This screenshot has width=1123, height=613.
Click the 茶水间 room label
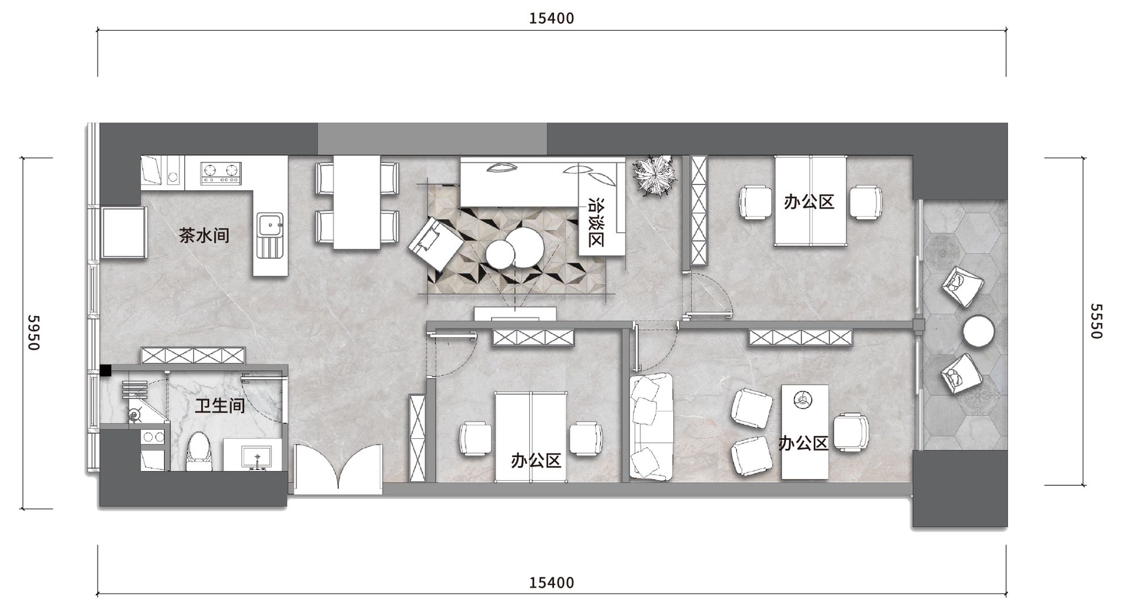coord(204,235)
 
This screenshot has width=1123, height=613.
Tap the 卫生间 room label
coord(220,406)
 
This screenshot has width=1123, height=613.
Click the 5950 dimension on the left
coord(33,333)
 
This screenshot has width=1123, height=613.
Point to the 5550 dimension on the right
coord(1096,321)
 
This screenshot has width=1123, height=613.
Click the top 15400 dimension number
coord(552,19)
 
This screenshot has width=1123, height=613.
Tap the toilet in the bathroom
coord(199,451)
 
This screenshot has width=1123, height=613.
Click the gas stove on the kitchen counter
coord(221,173)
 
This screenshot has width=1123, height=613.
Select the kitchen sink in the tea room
coord(270,235)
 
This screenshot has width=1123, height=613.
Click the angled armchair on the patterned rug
coord(435,245)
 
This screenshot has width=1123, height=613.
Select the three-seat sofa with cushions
coord(651,426)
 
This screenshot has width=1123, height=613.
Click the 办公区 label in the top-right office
coord(809,201)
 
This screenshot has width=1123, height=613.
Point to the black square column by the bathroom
coord(106,370)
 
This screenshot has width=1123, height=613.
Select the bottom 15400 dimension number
coord(552,583)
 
